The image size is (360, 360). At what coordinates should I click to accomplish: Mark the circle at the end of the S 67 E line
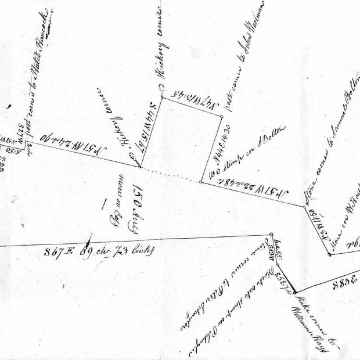[x=270, y=235]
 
